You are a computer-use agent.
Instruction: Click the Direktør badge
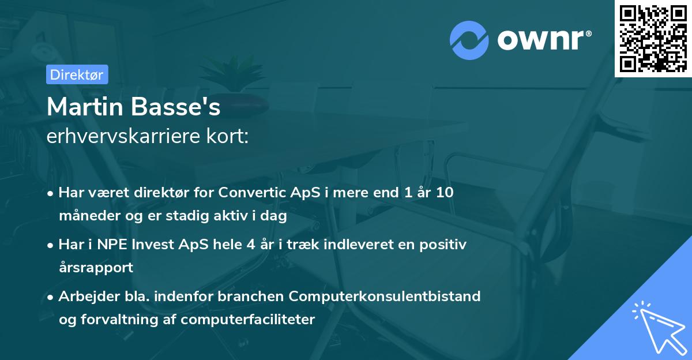pos(77,74)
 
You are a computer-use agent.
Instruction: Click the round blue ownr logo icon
pos(469,40)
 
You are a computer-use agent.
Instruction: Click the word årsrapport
pos(96,268)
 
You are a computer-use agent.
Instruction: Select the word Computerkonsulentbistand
pos(385,296)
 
